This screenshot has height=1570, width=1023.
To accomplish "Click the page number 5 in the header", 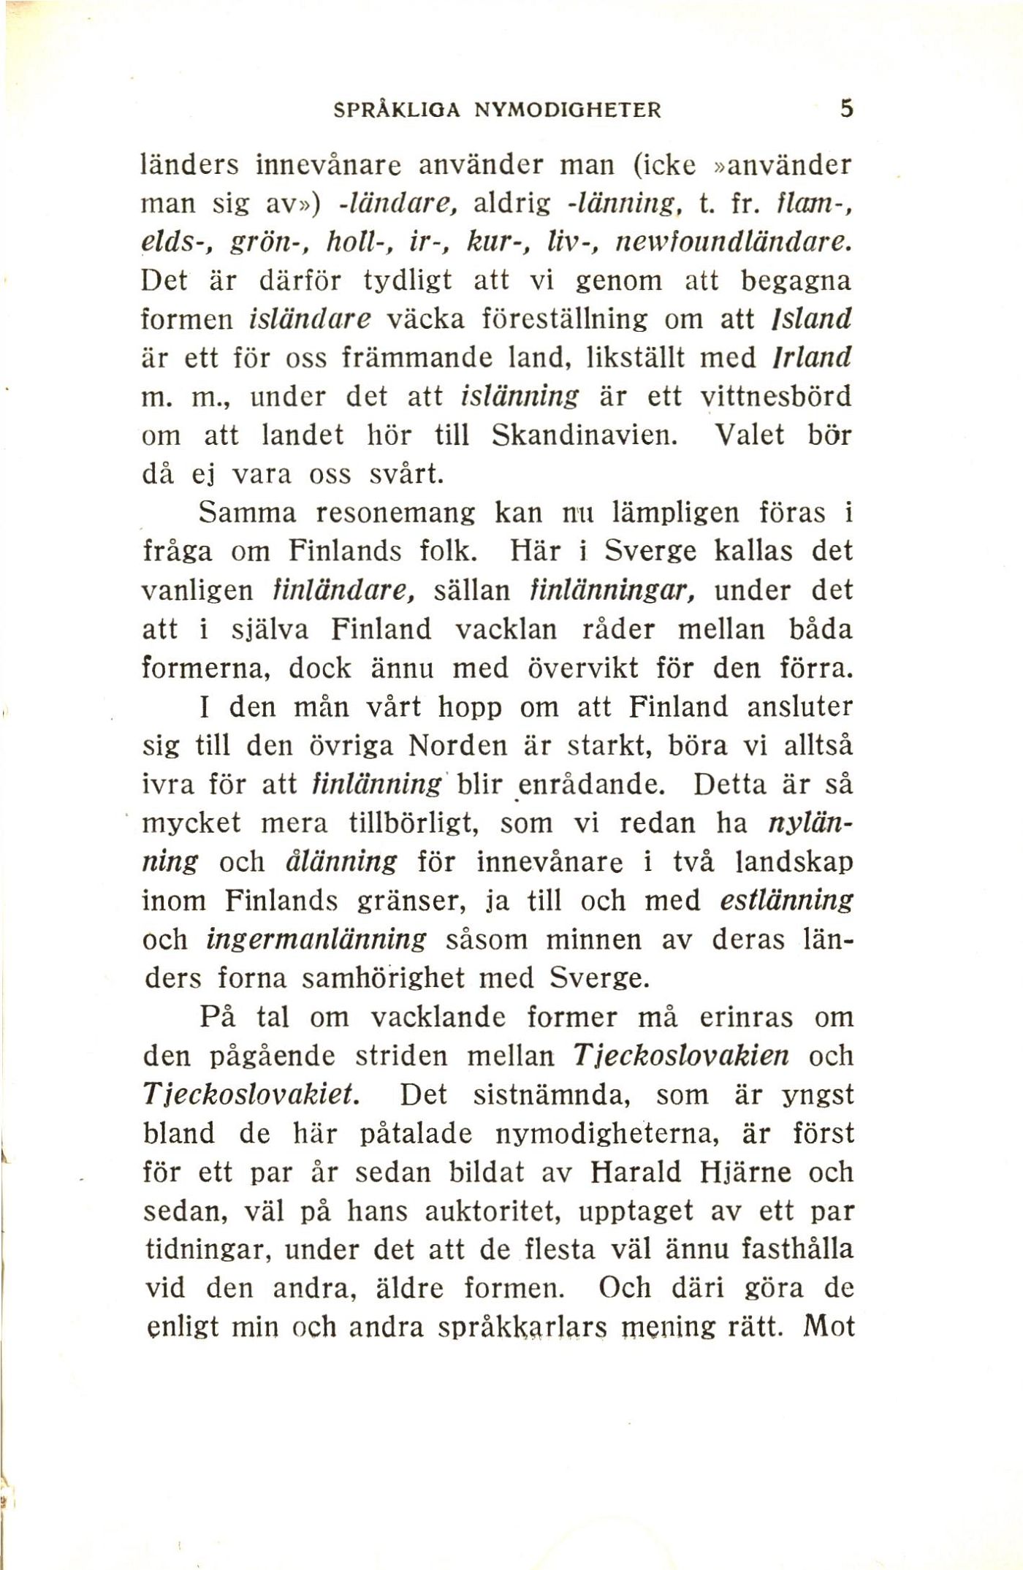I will [846, 109].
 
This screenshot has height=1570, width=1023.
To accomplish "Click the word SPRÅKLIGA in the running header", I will [396, 110].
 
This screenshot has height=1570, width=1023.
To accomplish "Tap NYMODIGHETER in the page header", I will [568, 110].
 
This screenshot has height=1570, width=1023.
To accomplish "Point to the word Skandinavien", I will [585, 435].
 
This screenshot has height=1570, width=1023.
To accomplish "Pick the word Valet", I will [749, 435].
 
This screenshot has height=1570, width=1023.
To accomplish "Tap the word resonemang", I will [395, 514].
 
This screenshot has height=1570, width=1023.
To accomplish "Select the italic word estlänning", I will [786, 901].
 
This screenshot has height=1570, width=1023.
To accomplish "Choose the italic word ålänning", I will [340, 862].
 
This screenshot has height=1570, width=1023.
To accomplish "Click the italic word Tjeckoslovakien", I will [681, 1056].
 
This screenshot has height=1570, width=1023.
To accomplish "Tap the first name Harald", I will [634, 1173].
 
